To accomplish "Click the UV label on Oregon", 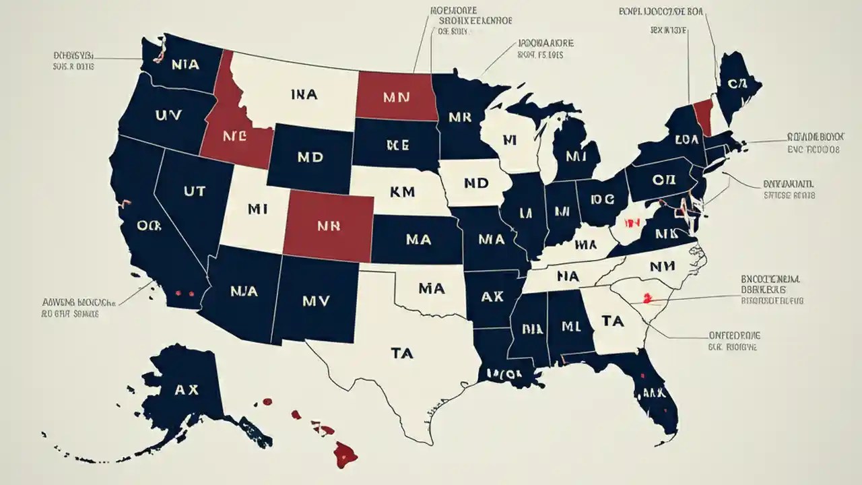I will pyautogui.click(x=168, y=116).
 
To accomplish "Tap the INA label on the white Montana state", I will pyautogui.click(x=304, y=96).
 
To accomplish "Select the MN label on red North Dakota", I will pyautogui.click(x=396, y=97).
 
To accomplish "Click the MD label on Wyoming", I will pyautogui.click(x=309, y=157).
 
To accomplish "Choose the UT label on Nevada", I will pyautogui.click(x=192, y=191).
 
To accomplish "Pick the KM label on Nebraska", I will pyautogui.click(x=402, y=191).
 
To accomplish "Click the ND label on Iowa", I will pyautogui.click(x=475, y=183).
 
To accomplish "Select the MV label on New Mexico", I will pyautogui.click(x=317, y=301).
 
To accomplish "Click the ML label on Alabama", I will pyautogui.click(x=570, y=327).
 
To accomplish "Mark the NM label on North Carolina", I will pyautogui.click(x=662, y=267).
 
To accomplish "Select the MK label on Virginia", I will pyautogui.click(x=665, y=233).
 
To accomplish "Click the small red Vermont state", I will pyautogui.click(x=703, y=115).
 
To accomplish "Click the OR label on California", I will pyautogui.click(x=149, y=226).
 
